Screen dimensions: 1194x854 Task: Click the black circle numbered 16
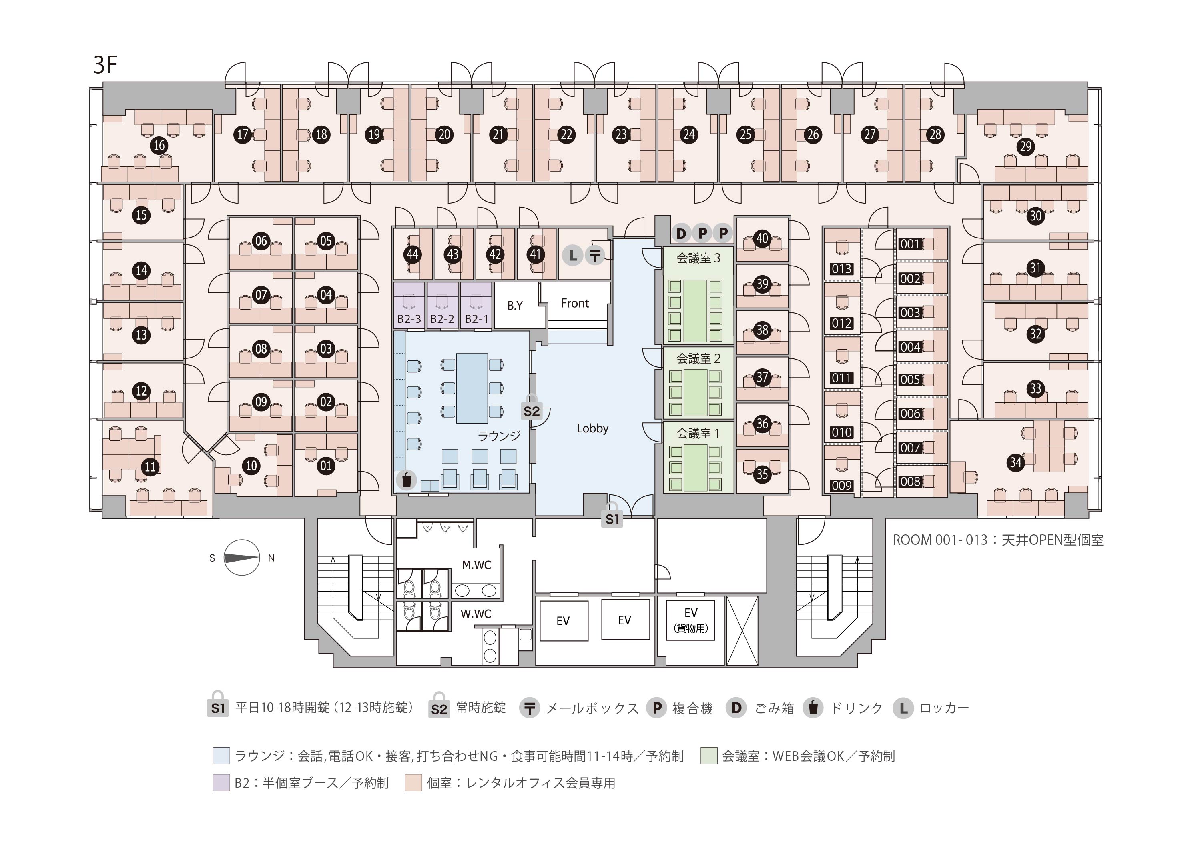coord(159,145)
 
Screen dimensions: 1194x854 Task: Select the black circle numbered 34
coord(1015,462)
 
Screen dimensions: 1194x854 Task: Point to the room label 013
coord(841,269)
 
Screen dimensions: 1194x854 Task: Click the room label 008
coord(910,481)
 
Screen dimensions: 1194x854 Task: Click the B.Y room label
coord(515,306)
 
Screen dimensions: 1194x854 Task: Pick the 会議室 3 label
coord(698,258)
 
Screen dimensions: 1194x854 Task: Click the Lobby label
coord(592,428)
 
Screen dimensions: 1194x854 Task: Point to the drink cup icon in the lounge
coord(406,480)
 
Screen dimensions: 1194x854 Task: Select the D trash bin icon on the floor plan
coord(681,233)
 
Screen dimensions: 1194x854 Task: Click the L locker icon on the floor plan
coord(572,256)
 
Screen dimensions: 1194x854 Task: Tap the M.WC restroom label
coord(476,565)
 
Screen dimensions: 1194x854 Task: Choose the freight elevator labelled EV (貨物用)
coord(690,620)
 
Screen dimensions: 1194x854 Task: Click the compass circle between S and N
coord(242,558)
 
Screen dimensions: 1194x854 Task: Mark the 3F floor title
coord(105,65)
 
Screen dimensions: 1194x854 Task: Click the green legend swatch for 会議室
coord(709,756)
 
